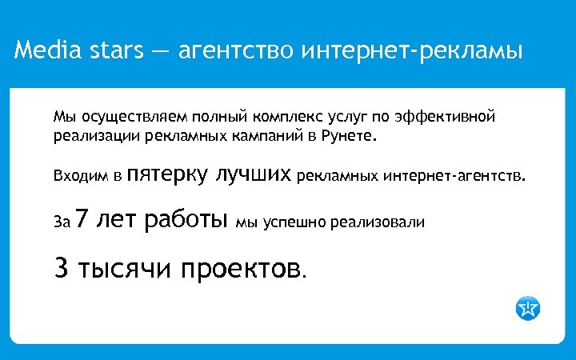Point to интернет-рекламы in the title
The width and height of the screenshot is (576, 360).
412,52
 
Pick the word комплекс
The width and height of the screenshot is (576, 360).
285,118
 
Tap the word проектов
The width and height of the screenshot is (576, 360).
242,269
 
